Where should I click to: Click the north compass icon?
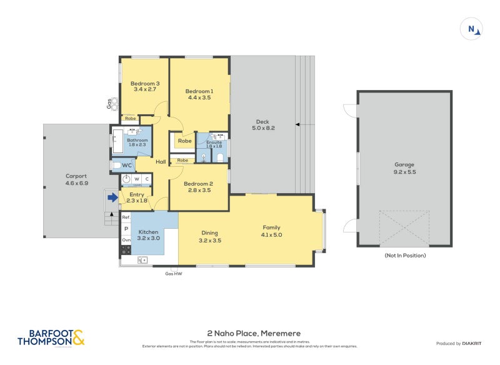click(471, 29)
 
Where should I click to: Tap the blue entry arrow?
click(112, 197)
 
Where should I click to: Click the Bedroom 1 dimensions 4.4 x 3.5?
click(199, 98)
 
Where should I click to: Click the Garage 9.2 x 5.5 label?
click(404, 171)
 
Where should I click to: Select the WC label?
click(127, 166)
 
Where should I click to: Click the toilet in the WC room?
click(116, 166)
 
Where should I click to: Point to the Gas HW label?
click(173, 274)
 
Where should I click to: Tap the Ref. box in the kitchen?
click(126, 217)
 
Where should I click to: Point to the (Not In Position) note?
click(404, 256)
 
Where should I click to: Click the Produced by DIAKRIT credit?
click(459, 343)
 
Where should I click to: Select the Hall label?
click(161, 161)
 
